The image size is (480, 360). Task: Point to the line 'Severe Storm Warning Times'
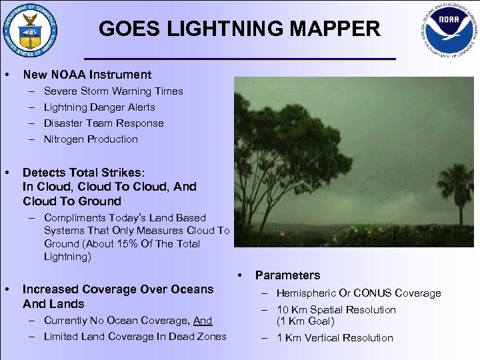tap(113, 91)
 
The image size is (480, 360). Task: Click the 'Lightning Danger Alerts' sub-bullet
tap(99, 107)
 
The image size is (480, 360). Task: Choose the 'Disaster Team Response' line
tap(103, 123)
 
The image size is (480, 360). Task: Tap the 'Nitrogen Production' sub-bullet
tap(91, 139)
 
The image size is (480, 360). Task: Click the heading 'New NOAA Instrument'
tap(87, 75)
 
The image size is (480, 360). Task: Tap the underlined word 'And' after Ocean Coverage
tap(203, 321)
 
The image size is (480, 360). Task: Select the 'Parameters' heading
tap(287, 275)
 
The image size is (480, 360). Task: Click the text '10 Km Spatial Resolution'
tap(336, 310)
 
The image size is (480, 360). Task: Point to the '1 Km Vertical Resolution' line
tap(335, 338)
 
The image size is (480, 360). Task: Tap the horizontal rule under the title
tap(240, 59)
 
